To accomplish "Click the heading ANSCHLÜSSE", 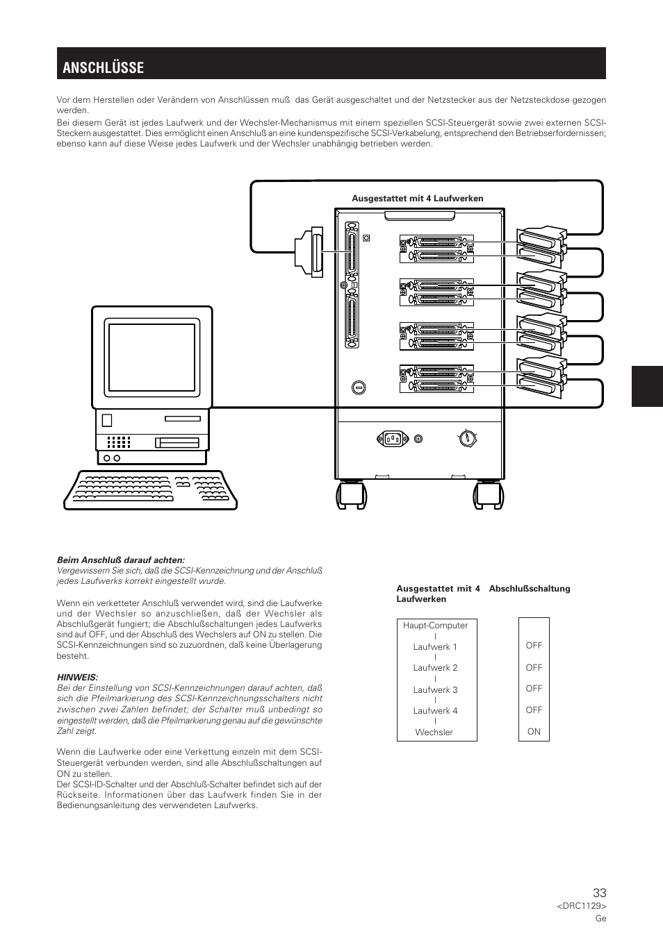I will point(103,67).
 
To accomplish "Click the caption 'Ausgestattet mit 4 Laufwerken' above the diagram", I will point(417,199).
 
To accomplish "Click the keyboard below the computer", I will point(150,489).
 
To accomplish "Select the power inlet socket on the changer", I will point(391,438).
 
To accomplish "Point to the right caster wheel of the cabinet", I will point(488,496).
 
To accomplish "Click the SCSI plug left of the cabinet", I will point(310,253).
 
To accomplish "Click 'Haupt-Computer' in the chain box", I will point(435,626).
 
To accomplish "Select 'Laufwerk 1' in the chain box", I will point(435,646).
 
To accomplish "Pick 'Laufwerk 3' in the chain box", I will point(435,689).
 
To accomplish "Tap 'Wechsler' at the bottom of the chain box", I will point(434,732).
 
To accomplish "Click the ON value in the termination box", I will point(534,731).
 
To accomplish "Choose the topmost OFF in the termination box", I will point(534,645).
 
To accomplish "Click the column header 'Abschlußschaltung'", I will point(529,589).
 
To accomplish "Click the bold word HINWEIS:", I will point(77,677).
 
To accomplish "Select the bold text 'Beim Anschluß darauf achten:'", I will point(121,560).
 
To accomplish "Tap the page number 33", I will point(599,894).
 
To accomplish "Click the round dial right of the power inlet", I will point(468,438).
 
